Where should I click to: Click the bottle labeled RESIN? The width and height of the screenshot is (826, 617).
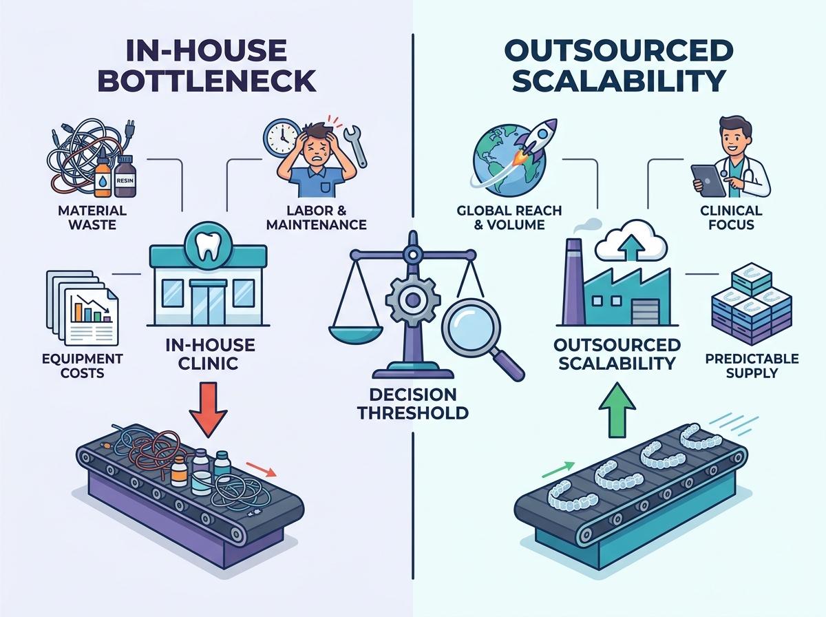point(125,176)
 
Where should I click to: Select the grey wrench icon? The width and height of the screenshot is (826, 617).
point(355,145)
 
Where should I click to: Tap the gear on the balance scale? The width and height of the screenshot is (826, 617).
point(413,300)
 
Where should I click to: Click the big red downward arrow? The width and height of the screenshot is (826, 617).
point(208,410)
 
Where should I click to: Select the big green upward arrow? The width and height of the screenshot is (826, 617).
point(617,410)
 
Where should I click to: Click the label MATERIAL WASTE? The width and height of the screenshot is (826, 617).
point(92,218)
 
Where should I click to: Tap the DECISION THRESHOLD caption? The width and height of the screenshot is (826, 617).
point(413,404)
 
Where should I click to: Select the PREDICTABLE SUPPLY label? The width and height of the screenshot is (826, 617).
point(752,366)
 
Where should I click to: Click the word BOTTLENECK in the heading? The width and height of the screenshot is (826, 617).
point(207,81)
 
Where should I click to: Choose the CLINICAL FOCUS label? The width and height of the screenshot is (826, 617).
point(731,218)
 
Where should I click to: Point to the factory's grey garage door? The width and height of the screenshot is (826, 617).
point(646,312)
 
